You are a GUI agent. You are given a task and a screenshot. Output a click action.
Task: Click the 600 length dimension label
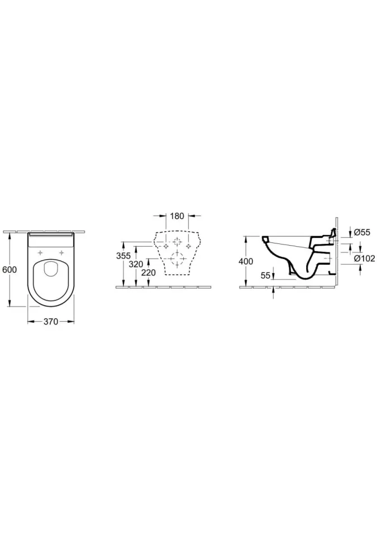coord(9,269)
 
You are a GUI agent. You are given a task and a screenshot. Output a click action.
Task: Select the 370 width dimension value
coord(51,322)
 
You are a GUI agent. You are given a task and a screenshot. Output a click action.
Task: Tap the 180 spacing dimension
coord(177,216)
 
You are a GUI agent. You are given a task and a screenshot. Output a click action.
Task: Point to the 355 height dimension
coord(123,255)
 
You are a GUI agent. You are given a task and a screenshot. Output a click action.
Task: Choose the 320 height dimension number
coord(137,264)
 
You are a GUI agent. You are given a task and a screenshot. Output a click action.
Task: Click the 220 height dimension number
coord(149,272)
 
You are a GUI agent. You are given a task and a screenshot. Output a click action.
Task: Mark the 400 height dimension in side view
coord(246,261)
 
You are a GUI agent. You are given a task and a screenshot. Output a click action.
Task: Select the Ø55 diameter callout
coord(362,232)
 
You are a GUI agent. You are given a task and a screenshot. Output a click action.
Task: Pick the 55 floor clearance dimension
coord(265,275)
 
